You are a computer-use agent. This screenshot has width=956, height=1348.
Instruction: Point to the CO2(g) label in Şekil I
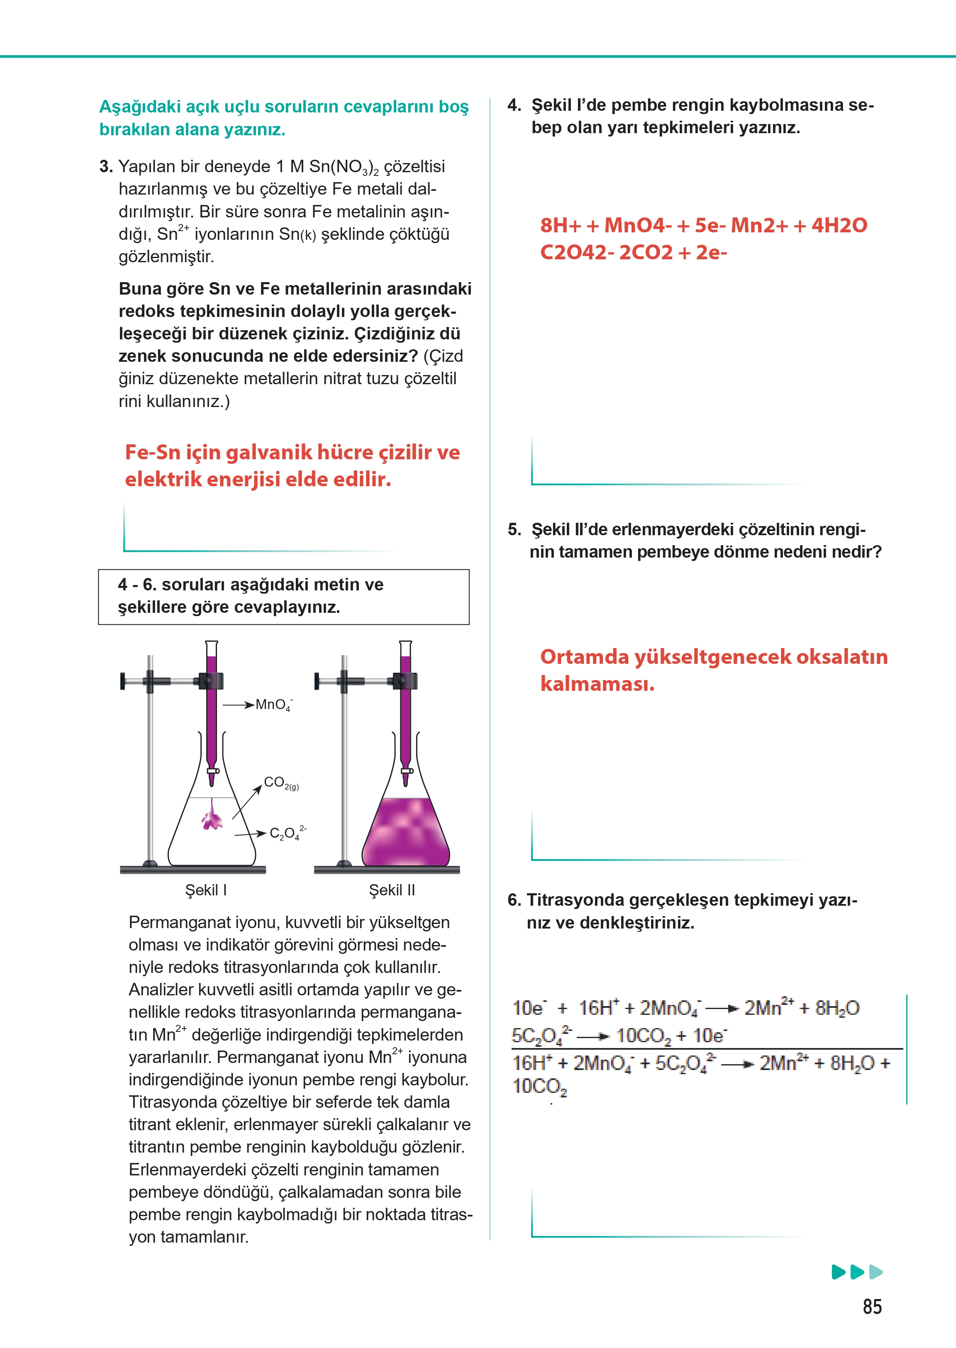tap(281, 783)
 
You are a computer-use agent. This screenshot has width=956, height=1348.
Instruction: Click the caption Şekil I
tap(206, 890)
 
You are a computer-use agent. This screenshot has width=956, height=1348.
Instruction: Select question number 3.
tap(106, 167)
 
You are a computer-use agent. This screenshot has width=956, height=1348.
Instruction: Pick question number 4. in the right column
tap(514, 105)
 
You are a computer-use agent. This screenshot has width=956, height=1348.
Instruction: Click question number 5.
tap(515, 530)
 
